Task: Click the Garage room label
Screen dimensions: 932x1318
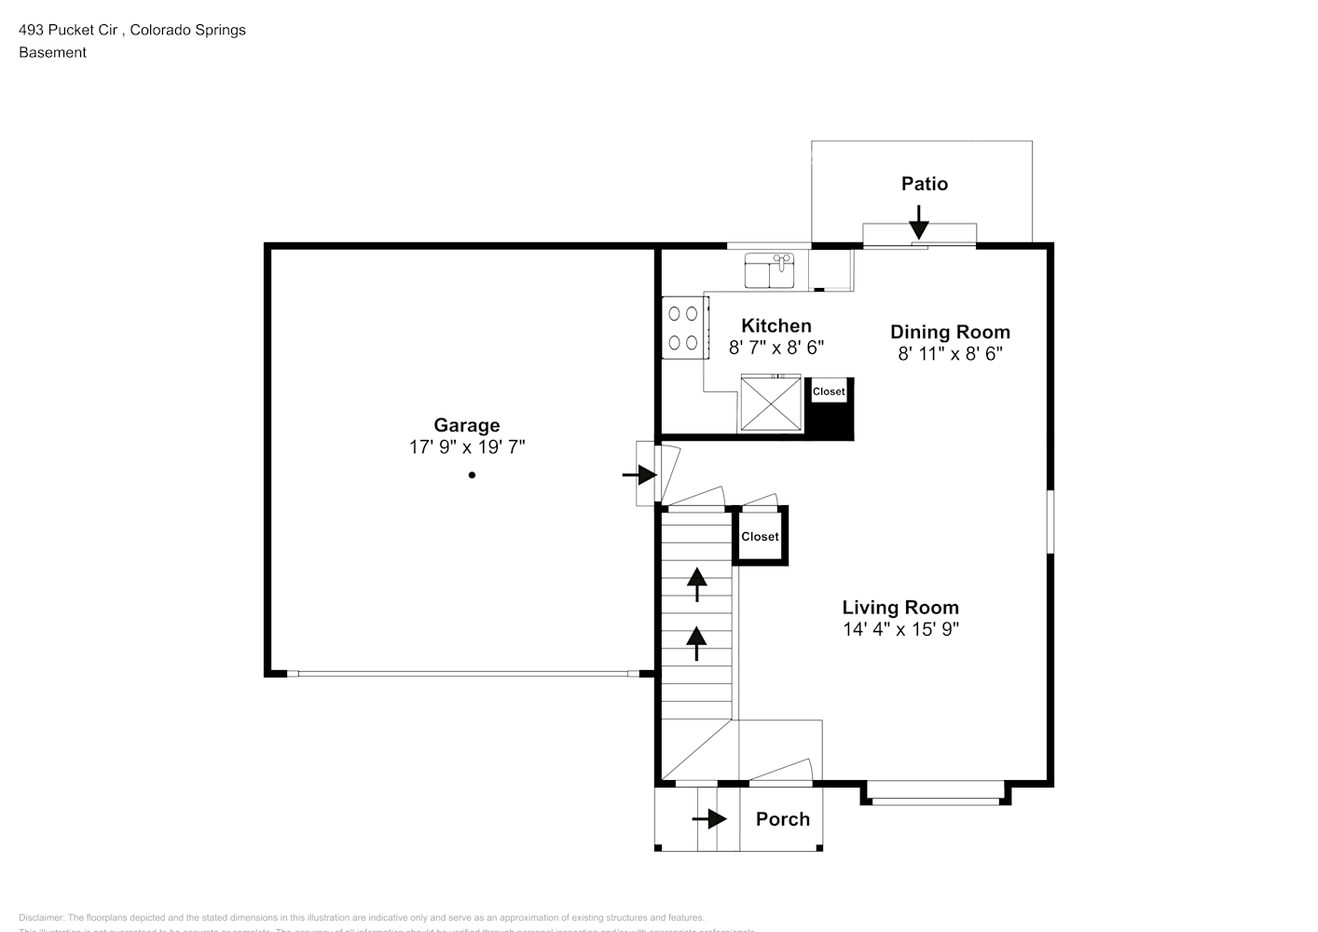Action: point(466,426)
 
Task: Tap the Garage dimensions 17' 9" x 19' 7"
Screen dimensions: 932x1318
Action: point(466,447)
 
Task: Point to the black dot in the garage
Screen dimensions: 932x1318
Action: point(472,475)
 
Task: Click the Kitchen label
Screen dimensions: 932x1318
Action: point(776,325)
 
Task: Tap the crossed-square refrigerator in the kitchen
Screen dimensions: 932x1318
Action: point(771,404)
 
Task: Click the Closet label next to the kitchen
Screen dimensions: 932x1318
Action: point(828,391)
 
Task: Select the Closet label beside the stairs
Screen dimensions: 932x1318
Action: point(760,537)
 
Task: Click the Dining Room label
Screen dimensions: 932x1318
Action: point(950,332)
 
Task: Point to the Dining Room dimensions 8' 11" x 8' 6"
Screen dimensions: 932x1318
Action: point(950,354)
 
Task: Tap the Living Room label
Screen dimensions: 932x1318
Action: point(900,608)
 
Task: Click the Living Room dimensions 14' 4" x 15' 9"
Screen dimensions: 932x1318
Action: point(900,629)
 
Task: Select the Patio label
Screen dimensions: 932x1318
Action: point(924,184)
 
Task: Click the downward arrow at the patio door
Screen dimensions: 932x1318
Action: point(919,223)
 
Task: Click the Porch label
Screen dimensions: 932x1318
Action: point(782,819)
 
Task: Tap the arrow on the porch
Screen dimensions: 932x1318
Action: point(710,819)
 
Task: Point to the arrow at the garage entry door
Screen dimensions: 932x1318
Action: point(640,475)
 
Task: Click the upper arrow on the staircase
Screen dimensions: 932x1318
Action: point(696,583)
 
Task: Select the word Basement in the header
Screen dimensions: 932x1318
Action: point(52,52)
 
